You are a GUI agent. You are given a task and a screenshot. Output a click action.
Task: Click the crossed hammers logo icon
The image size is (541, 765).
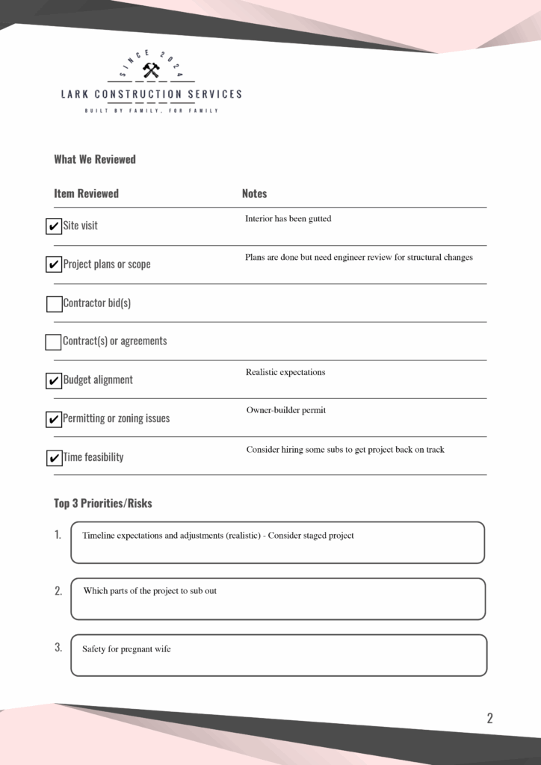(151, 71)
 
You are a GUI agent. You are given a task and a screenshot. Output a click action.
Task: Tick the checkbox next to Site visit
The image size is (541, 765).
(54, 226)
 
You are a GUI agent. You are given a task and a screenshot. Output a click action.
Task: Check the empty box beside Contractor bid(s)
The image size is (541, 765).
(54, 304)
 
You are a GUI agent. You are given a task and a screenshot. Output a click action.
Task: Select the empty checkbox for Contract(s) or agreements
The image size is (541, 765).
(53, 342)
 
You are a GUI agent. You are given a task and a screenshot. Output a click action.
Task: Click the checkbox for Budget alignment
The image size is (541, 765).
(54, 381)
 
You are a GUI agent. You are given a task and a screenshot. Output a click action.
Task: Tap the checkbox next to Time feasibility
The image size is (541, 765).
(54, 458)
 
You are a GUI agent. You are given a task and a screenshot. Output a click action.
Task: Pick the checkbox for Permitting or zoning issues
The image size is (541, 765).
(54, 419)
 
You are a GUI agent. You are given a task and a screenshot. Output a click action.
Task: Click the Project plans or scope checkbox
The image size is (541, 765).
(54, 264)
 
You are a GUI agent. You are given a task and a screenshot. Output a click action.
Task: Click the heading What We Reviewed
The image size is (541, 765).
(95, 159)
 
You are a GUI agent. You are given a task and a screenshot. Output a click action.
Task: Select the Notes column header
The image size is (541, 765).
(254, 193)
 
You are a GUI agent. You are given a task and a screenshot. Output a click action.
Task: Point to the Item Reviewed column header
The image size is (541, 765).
(86, 193)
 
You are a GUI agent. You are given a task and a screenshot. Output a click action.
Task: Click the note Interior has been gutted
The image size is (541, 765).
(288, 219)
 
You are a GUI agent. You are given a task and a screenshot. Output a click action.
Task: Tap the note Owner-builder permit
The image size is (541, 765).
(286, 410)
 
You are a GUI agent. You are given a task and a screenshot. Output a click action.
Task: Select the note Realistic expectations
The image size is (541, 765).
(285, 372)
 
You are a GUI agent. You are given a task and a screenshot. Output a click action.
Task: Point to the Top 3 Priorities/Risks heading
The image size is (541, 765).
(102, 503)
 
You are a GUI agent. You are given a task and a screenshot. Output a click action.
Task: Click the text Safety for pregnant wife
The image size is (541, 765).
(126, 649)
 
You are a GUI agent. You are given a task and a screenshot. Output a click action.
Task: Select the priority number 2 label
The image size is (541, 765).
(58, 591)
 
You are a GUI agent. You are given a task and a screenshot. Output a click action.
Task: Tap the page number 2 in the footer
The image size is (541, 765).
(489, 719)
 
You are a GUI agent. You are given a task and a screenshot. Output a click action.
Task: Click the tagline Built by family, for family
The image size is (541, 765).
(151, 111)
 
